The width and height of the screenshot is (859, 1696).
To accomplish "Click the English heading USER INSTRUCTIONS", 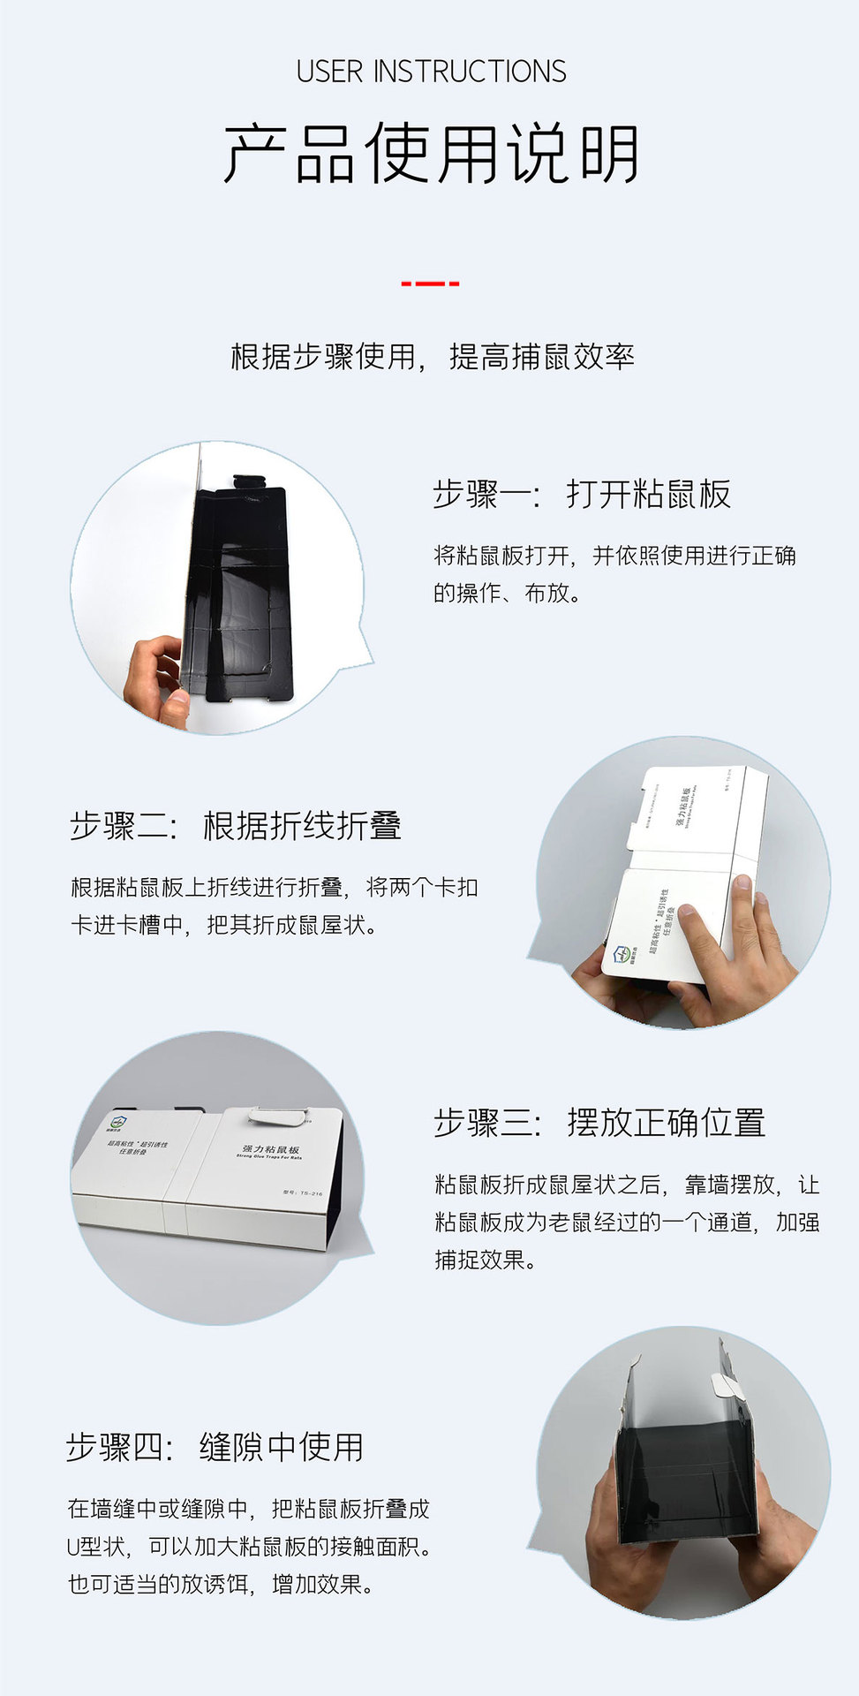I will point(431,72).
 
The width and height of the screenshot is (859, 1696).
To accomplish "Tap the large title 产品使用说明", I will point(431,154).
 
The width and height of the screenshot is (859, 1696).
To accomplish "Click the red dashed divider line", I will point(430,284).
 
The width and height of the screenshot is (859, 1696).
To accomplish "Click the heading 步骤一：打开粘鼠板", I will point(582,495).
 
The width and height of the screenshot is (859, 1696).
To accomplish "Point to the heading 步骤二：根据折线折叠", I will point(236,826).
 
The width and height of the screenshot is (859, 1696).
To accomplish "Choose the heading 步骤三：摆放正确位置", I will point(599,1123).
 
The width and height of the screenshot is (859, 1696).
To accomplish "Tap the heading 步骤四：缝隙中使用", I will point(215,1447).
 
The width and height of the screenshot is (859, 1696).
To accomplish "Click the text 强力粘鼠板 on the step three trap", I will point(271,1149).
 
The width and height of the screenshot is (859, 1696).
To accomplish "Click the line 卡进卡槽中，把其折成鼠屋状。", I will point(224,925).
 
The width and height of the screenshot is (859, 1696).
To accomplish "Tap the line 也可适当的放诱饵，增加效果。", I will point(221,1585).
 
